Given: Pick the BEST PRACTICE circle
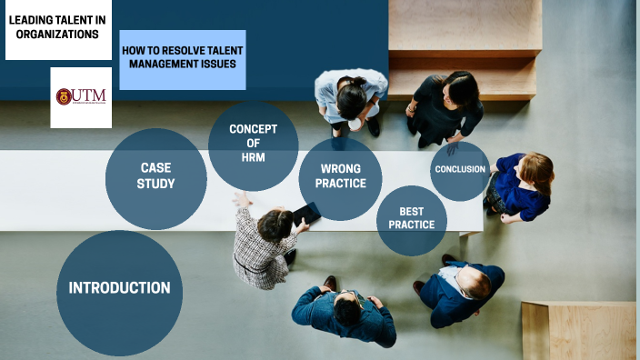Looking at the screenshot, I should pos(411,219).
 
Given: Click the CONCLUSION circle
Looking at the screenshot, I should pos(460,170).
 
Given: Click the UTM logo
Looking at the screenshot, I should pos(81,97).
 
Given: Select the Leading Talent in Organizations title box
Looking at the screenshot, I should pos(58,29).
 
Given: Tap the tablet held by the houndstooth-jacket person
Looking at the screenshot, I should pos(306,214).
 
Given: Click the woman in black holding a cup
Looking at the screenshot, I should pos(446,106).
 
